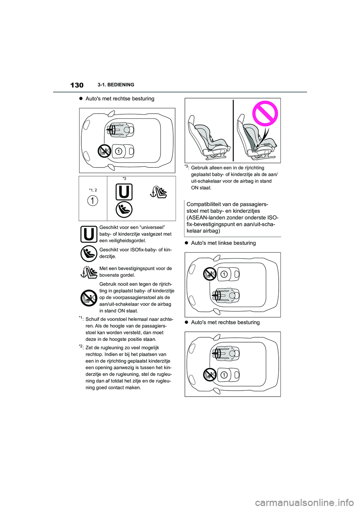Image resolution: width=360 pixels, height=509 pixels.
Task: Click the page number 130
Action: tap(77, 85)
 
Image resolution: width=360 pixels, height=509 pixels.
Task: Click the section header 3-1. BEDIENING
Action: tap(115, 85)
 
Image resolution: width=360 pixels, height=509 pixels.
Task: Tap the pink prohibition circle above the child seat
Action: tap(265, 113)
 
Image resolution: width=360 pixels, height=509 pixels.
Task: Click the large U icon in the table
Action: tap(124, 192)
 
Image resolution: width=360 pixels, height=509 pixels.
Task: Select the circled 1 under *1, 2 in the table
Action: tap(93, 201)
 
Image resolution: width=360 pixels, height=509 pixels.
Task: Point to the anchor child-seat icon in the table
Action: tap(158, 192)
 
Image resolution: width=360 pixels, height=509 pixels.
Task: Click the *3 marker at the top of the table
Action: tap(124, 179)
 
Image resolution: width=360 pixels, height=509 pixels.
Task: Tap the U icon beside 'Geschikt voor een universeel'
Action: tap(89, 234)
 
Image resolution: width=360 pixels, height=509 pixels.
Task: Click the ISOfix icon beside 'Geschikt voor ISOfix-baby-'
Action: tap(89, 254)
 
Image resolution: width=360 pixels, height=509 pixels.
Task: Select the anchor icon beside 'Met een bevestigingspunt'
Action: tap(89, 272)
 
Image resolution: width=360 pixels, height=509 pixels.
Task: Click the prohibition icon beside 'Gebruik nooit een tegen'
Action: tap(89, 298)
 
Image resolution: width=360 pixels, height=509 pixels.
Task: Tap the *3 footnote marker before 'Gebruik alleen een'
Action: tap(187, 167)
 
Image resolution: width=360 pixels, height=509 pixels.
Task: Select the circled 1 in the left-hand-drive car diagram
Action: tap(224, 274)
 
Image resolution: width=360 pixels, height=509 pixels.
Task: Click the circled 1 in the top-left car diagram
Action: tap(118, 151)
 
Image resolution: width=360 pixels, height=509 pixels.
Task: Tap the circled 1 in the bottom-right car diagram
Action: tap(224, 375)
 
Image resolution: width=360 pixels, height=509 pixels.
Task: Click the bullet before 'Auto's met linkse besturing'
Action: tap(186, 243)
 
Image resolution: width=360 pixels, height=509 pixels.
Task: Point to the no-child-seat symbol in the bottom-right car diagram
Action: tap(210, 374)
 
